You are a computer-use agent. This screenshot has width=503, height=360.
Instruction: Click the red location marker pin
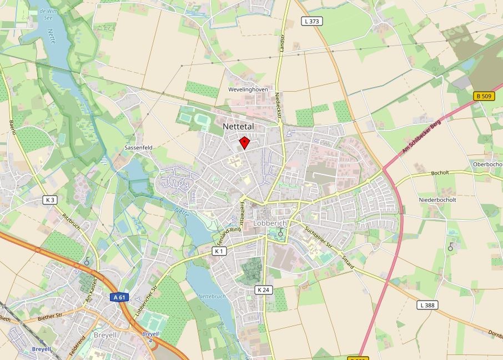click(243, 143)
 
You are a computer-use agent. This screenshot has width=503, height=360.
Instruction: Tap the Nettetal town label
click(238, 127)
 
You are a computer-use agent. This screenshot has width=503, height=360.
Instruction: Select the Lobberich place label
click(269, 223)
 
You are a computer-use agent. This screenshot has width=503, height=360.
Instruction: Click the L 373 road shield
click(313, 21)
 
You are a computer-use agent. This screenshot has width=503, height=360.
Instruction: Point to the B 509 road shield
click(483, 96)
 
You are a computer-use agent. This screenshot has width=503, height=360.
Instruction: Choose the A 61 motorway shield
click(119, 297)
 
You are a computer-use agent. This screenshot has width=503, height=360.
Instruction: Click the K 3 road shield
click(51, 199)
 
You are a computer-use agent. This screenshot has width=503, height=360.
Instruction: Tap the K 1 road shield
click(220, 251)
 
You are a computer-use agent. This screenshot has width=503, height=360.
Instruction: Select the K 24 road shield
click(263, 289)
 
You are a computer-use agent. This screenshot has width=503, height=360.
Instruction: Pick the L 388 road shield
click(426, 304)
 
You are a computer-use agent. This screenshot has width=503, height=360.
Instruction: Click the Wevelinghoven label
click(248, 89)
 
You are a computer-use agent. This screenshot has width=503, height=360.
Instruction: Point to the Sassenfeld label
click(138, 148)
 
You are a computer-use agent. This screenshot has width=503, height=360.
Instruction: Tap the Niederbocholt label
click(438, 199)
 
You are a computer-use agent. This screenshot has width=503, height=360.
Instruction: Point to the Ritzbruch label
click(72, 222)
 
